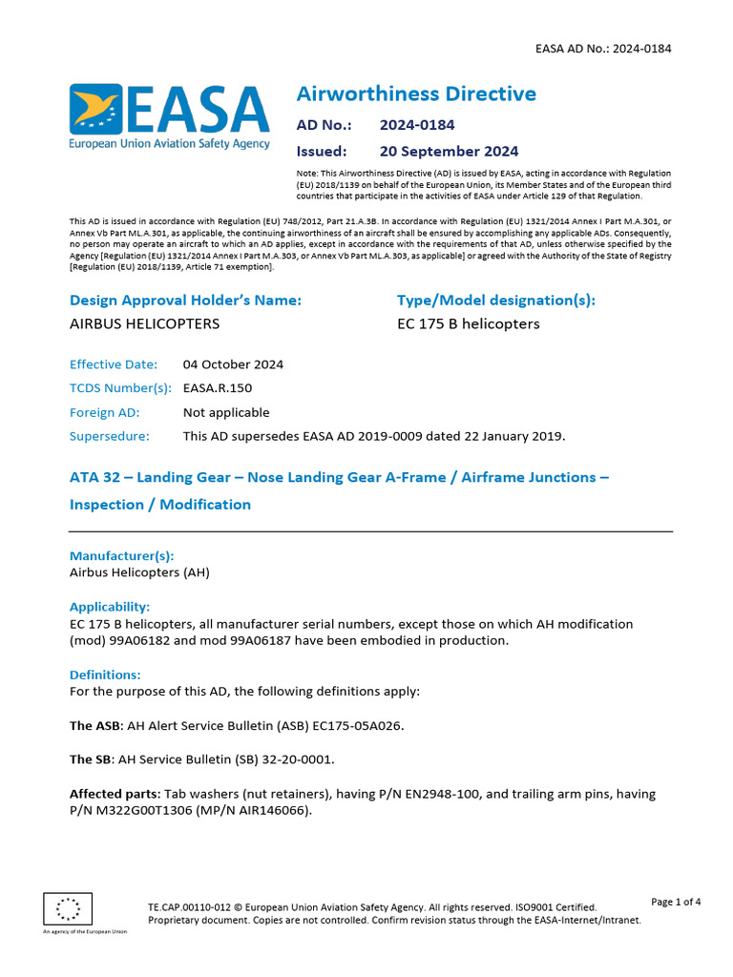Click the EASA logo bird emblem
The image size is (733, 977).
point(94,109)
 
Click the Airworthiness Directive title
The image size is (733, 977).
point(416,94)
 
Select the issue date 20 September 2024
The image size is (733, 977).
point(449,151)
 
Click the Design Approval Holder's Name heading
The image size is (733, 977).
point(185,300)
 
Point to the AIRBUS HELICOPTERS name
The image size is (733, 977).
point(144,323)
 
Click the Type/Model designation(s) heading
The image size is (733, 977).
point(495,300)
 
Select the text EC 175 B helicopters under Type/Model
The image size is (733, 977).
point(468,323)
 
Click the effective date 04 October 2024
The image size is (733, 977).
point(233,364)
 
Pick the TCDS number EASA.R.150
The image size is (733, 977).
point(218,388)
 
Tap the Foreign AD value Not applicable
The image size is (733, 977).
point(226,412)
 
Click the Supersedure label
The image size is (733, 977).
point(110,436)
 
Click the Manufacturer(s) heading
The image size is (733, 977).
point(122,555)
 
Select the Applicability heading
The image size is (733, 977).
point(110,606)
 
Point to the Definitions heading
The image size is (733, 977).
point(105,674)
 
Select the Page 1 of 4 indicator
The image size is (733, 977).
point(675,902)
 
